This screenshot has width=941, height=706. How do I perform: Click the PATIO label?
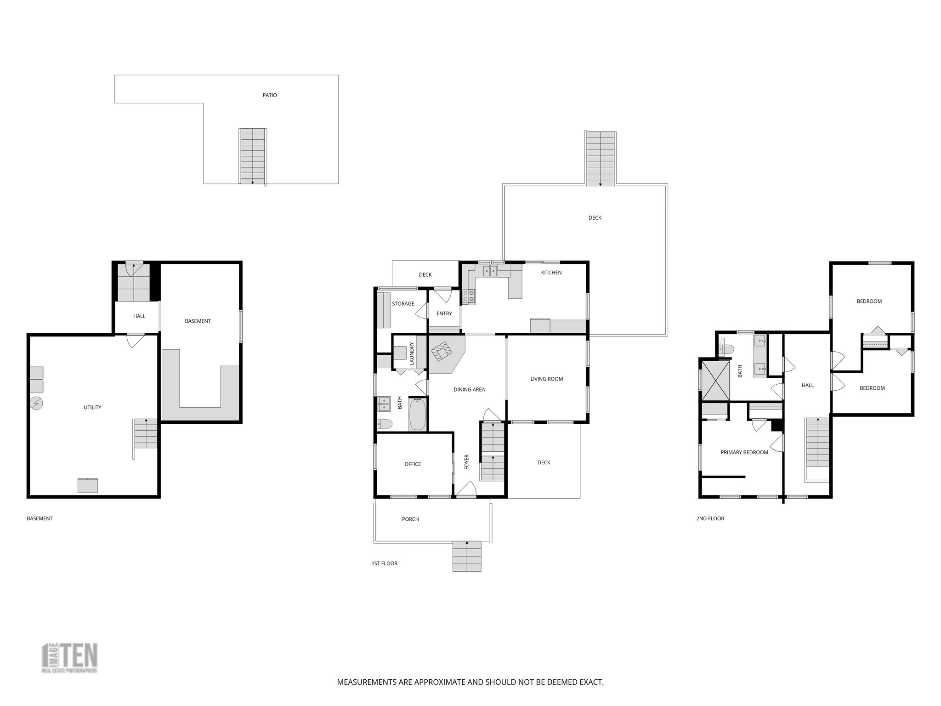point(270,95)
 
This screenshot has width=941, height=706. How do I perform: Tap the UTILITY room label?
point(92,407)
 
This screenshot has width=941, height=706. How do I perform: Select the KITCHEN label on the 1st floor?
point(551,273)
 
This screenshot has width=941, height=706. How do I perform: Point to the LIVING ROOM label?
point(546,379)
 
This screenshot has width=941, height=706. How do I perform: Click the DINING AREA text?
point(469,390)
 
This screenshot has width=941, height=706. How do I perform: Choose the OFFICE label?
point(413,464)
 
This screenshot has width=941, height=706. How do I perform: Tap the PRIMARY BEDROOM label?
point(744,452)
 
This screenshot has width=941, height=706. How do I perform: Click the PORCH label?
point(410,519)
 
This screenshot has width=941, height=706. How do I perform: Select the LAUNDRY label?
point(412,353)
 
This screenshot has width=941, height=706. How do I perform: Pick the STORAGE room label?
point(403,304)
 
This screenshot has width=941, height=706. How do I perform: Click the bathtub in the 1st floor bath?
point(417,415)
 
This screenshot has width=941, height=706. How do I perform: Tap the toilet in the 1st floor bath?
point(384,424)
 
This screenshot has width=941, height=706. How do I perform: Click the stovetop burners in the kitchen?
point(469,296)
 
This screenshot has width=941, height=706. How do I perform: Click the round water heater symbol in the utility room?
point(36,404)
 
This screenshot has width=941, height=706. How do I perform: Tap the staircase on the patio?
point(253,156)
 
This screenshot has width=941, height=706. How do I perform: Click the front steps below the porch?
point(467,556)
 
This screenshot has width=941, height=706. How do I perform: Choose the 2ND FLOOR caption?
point(710,518)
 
